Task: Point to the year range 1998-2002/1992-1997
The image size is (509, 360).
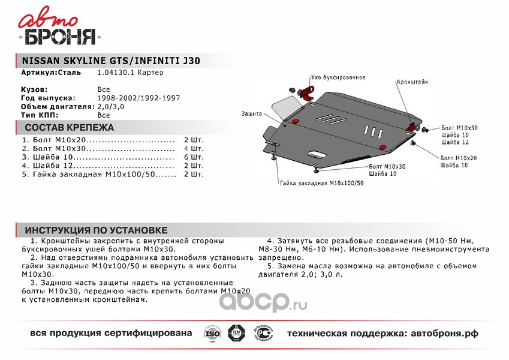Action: coord(138,97)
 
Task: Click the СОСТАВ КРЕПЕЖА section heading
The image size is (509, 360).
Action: coord(69,127)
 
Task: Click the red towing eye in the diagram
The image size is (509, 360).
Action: coord(308,93)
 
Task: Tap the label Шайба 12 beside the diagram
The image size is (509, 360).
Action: coord(453,142)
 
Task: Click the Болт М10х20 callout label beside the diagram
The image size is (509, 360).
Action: coord(459,158)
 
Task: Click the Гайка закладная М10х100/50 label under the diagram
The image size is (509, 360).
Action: coord(321,182)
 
